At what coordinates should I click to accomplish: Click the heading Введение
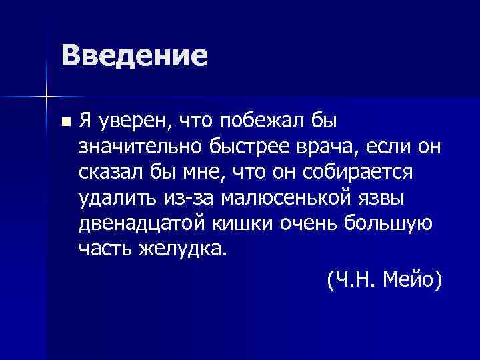134,55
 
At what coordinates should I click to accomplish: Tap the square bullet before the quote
64,123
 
